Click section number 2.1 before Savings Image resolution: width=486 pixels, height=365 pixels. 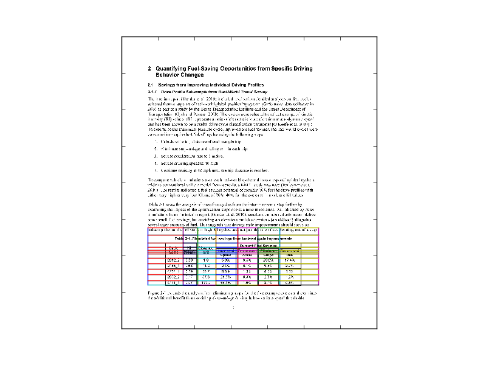[x=151, y=84]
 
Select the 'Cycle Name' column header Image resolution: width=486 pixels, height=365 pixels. [x=174, y=250]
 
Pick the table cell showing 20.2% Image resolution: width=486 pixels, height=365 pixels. [x=268, y=260]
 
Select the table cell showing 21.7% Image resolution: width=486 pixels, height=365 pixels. [x=225, y=274]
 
